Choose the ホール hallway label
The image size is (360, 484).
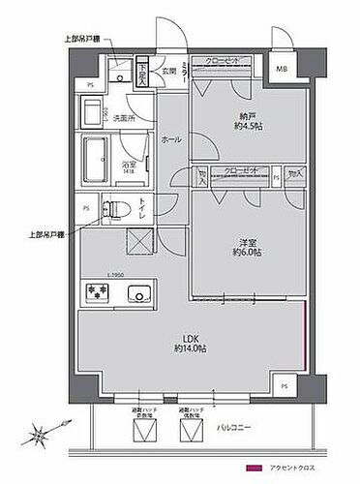(x=171, y=140)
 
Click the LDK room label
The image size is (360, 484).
(x=186, y=340)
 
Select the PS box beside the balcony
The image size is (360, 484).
(x=284, y=386)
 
